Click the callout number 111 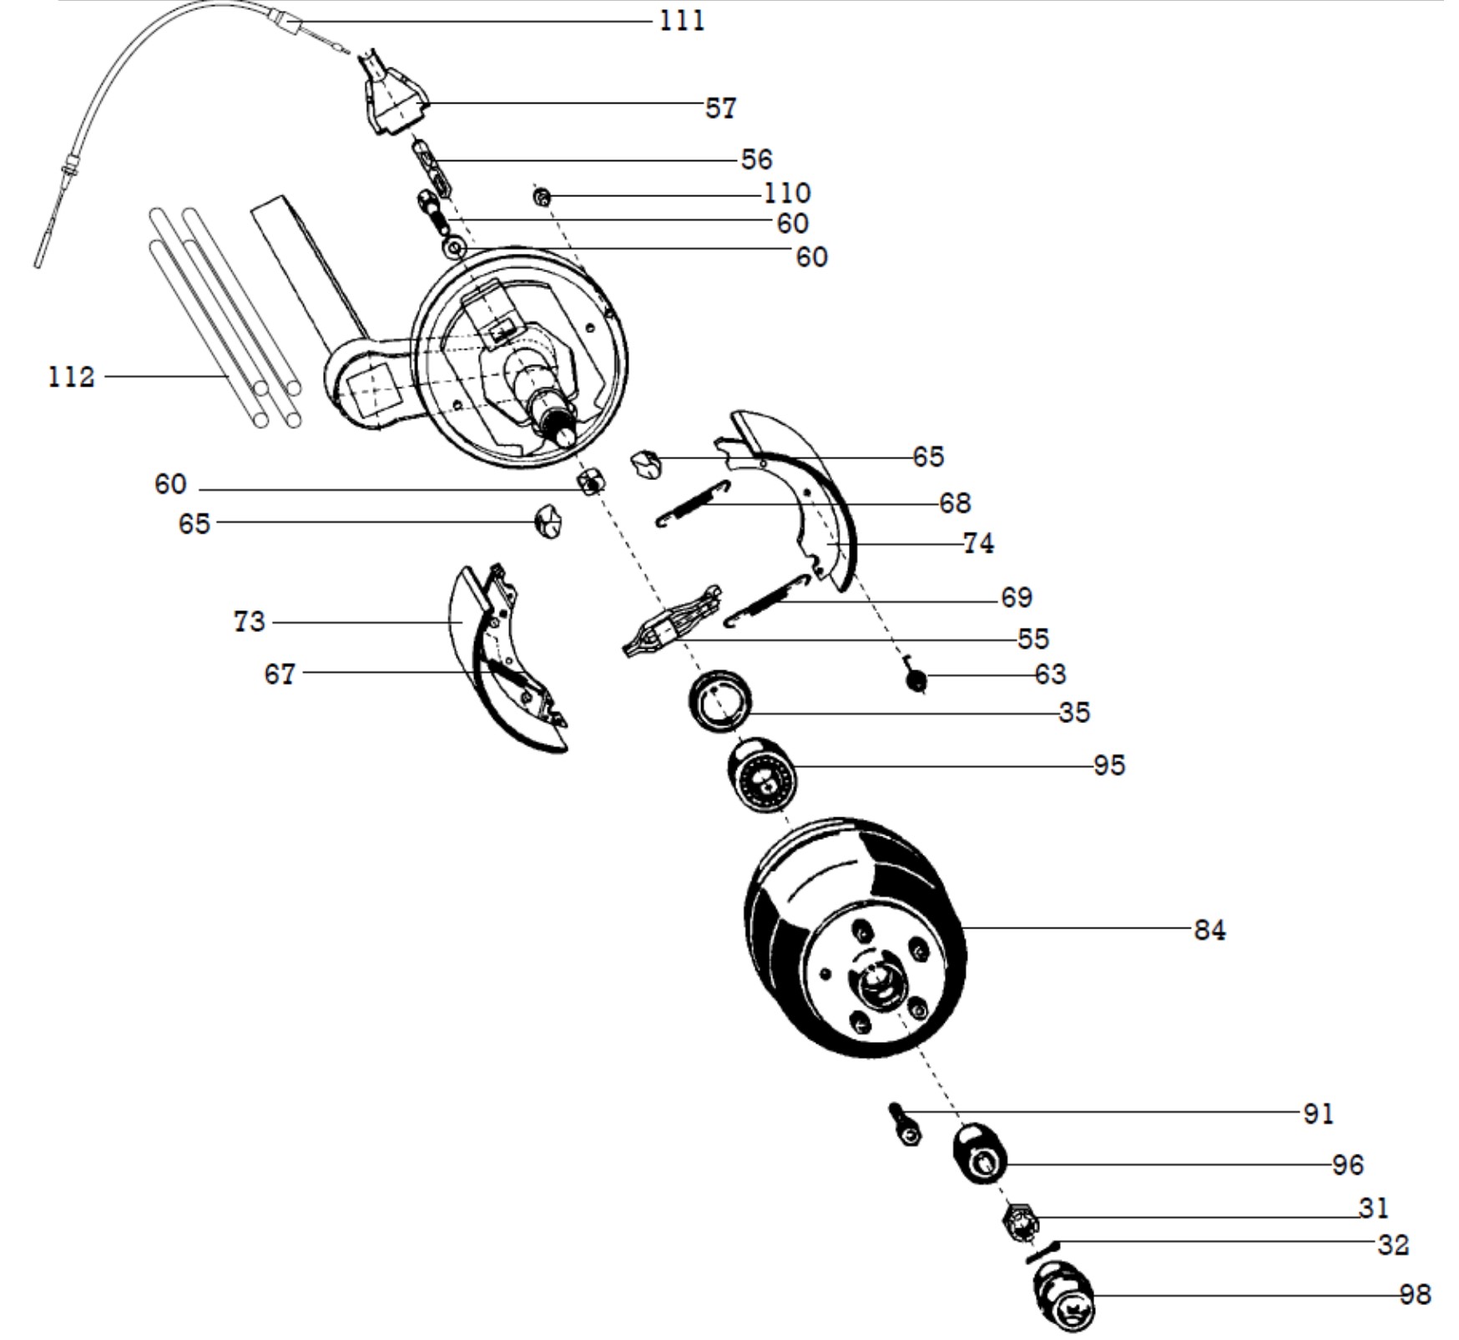point(682,20)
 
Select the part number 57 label point(721,108)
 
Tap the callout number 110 point(787,194)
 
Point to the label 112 point(71,377)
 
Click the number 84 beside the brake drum point(1209,930)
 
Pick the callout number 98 point(1416,1295)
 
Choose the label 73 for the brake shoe point(250,621)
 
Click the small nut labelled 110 point(542,197)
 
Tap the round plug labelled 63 point(916,680)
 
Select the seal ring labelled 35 point(719,701)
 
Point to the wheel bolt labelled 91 point(906,1126)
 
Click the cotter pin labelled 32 point(1042,1252)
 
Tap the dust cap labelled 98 point(1063,1295)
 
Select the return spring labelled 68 point(693,504)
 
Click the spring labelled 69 point(766,601)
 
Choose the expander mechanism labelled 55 point(671,622)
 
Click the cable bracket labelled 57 point(392,94)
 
